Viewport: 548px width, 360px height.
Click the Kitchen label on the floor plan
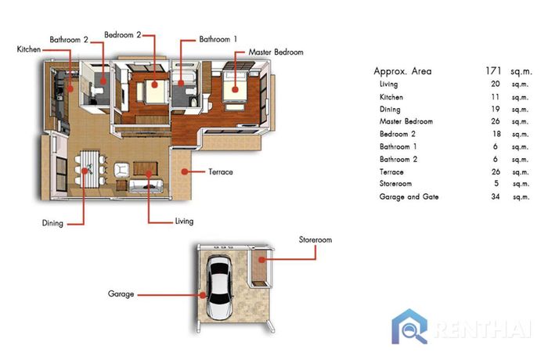pos(29,49)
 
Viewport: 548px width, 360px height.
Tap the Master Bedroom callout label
pos(276,52)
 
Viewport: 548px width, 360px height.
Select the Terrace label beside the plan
pos(221,172)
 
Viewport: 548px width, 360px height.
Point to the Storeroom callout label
pos(315,239)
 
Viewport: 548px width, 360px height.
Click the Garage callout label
pos(121,294)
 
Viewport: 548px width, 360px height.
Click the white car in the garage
pos(219,286)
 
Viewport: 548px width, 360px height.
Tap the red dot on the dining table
pos(85,171)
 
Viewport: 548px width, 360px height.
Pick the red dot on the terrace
pos(185,171)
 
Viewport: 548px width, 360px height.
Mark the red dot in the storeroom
pos(261,260)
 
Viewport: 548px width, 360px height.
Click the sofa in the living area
pos(146,186)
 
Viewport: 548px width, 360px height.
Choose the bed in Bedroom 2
pos(154,92)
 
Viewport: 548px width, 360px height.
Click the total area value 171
pos(493,71)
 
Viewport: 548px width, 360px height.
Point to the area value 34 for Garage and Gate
pos(496,196)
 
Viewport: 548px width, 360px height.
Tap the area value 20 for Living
pos(496,84)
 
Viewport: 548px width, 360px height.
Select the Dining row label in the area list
pos(390,110)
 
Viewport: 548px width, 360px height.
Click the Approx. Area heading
pos(402,71)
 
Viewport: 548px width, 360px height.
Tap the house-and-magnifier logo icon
pos(409,326)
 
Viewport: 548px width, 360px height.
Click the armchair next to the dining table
pos(121,170)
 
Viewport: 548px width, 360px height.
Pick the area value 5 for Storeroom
pos(496,183)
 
